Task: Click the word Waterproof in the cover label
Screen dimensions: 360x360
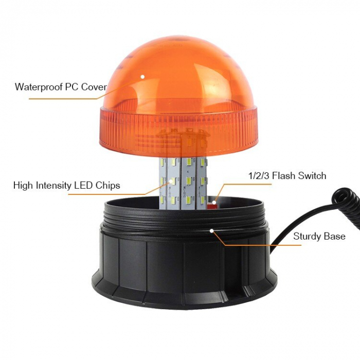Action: pyautogui.click(x=38, y=86)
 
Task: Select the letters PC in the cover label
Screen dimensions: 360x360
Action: pyautogui.click(x=71, y=86)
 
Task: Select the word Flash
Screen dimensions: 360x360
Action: pyautogui.click(x=283, y=176)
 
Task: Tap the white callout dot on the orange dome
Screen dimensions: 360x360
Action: pyautogui.click(x=143, y=77)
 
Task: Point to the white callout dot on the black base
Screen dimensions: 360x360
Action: pyautogui.click(x=212, y=231)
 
